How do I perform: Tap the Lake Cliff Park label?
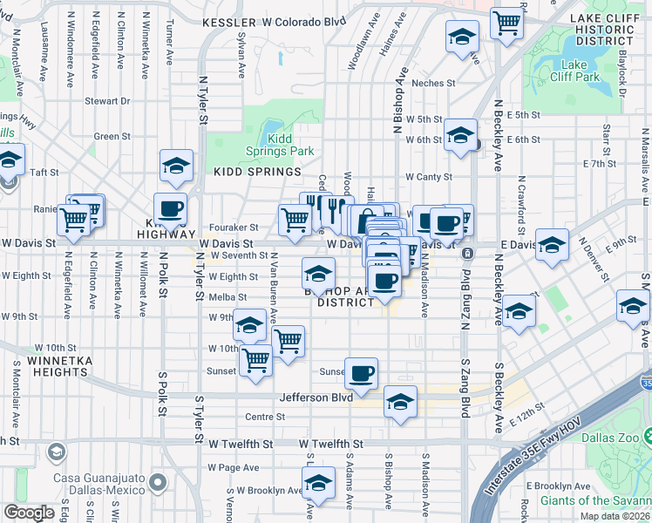point(581,71)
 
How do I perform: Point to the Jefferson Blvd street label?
point(316,397)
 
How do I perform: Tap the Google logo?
point(30,513)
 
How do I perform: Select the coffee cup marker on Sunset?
point(361,374)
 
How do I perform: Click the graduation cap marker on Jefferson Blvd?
point(400,401)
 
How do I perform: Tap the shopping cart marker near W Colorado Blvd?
point(506,22)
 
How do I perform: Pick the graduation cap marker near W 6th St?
point(459,135)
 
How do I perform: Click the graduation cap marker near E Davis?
point(552,246)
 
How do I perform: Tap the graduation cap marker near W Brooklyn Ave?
point(319,483)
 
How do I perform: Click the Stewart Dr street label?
point(107,101)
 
